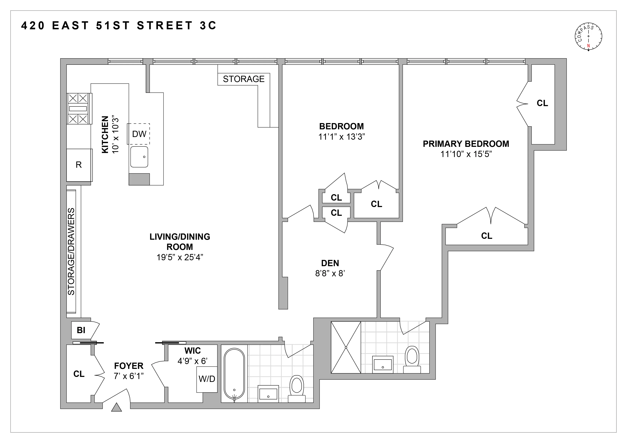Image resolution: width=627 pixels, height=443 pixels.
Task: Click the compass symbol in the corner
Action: (x=588, y=36)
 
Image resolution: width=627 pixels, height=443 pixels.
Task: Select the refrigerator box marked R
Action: (x=79, y=165)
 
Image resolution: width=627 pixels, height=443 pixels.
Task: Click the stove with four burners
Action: (x=78, y=109)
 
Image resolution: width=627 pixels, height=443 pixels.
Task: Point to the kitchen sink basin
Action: (x=139, y=157)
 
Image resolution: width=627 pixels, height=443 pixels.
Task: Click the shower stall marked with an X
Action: (x=346, y=347)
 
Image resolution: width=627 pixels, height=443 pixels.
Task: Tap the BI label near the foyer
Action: (x=81, y=330)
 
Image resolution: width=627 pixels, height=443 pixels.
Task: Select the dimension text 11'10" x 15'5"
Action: (x=466, y=154)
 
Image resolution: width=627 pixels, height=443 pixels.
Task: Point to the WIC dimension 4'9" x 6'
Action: (x=193, y=361)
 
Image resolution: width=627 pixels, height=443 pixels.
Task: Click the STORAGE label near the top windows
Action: (x=244, y=79)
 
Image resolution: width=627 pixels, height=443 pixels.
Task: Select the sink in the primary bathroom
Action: (x=383, y=365)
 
